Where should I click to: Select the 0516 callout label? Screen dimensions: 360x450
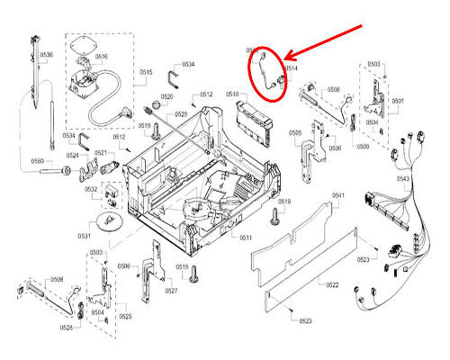pyautogui.click(x=101, y=56)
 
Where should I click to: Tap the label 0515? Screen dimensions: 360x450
pyautogui.click(x=146, y=72)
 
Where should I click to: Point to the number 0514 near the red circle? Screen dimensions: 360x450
pyautogui.click(x=292, y=68)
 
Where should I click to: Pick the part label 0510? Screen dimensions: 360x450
pyautogui.click(x=231, y=94)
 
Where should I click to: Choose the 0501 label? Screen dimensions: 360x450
pyautogui.click(x=397, y=101)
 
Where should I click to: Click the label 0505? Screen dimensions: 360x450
pyautogui.click(x=295, y=132)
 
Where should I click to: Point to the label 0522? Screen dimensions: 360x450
pyautogui.click(x=331, y=284)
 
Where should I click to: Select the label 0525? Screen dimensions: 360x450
pyautogui.click(x=125, y=317)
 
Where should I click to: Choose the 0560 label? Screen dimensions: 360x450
pyautogui.click(x=38, y=161)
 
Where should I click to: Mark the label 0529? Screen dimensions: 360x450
pyautogui.click(x=181, y=114)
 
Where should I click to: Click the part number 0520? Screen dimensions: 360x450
pyautogui.click(x=167, y=96)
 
